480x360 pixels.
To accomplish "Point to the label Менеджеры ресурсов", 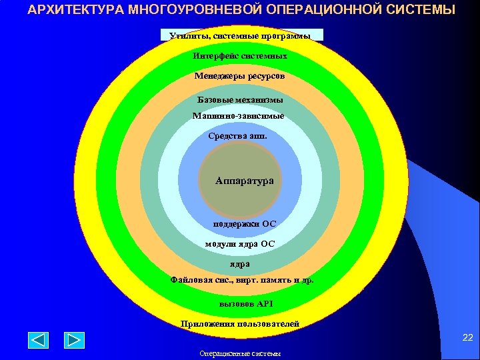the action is (x=239, y=77).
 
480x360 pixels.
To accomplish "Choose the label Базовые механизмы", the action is (x=240, y=100).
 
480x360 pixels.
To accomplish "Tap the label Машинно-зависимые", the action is (x=238, y=116).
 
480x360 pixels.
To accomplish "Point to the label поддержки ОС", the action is (x=240, y=224).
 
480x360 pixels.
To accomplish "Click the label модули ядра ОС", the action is (x=239, y=244).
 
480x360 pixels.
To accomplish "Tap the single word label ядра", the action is (x=240, y=264).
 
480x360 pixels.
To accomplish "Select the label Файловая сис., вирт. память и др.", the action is (x=242, y=281).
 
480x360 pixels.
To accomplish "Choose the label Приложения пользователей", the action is (x=240, y=325).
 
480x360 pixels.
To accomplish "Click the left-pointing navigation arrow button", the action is (x=38, y=340).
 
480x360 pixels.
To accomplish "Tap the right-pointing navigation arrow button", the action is (x=74, y=340).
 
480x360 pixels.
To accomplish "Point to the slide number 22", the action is (x=467, y=339).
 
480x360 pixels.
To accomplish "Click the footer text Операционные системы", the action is (x=240, y=354).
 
